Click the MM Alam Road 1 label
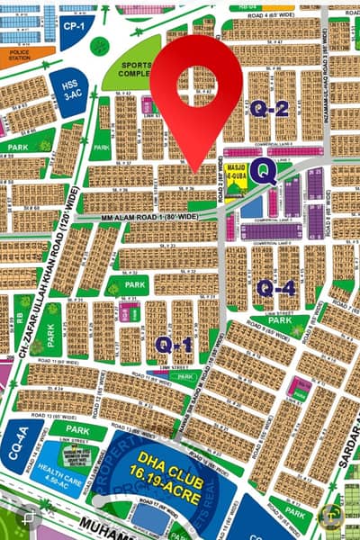(x=126, y=219)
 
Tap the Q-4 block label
(x=275, y=288)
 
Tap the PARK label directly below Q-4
(x=283, y=320)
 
